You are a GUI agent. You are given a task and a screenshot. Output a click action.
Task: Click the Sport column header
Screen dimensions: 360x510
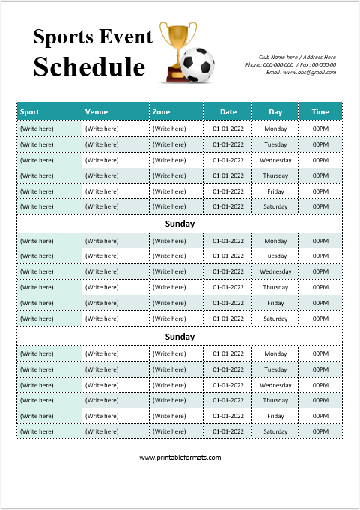click(30, 112)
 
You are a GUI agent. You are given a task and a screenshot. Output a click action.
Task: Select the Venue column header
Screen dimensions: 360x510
click(97, 112)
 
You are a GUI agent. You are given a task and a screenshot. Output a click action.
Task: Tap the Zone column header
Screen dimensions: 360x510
click(161, 112)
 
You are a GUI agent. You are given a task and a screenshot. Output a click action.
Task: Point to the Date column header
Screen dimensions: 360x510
click(228, 112)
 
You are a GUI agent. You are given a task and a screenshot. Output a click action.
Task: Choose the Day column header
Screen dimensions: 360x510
click(276, 112)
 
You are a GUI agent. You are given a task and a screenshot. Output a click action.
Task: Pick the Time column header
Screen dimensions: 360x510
click(320, 112)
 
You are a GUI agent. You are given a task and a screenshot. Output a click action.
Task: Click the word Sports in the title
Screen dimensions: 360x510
click(64, 37)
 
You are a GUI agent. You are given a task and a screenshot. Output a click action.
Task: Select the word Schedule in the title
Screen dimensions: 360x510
click(88, 67)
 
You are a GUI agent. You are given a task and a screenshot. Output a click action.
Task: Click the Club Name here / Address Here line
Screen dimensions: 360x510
click(297, 57)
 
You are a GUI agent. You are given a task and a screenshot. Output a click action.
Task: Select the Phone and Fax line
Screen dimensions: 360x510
click(290, 64)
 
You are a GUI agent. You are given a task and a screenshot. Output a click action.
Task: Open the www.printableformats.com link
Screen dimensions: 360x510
click(180, 458)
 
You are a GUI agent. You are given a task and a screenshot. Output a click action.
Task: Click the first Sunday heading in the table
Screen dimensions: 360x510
click(180, 224)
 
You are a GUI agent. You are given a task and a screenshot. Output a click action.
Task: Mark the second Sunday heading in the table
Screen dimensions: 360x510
click(180, 337)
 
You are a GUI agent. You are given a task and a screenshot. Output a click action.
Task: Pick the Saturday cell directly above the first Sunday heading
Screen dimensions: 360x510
click(275, 206)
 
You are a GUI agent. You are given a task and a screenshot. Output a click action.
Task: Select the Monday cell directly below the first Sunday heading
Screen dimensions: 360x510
click(275, 241)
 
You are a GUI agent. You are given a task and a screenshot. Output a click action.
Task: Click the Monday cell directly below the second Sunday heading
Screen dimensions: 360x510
click(275, 354)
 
